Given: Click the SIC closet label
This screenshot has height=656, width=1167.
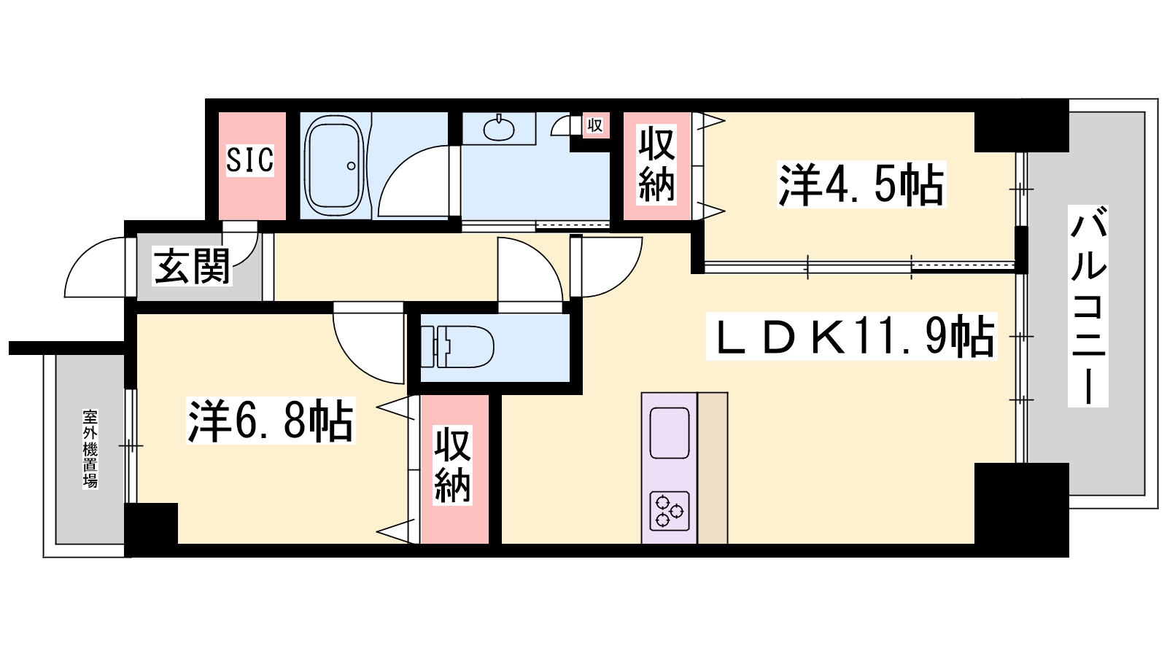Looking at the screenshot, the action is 250,160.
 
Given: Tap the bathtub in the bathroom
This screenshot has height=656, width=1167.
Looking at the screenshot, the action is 334,167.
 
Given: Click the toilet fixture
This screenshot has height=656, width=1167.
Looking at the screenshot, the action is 457,346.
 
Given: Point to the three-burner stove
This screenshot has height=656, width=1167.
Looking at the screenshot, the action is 670,511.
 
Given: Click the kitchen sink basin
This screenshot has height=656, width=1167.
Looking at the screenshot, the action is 669,433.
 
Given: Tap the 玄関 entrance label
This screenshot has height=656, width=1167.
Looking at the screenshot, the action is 192,266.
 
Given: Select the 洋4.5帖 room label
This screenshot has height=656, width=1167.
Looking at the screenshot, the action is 861,185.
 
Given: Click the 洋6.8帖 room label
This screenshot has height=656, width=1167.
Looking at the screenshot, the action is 271,420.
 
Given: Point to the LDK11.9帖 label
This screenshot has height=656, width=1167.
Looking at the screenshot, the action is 851,336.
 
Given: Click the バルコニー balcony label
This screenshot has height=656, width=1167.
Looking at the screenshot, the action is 1087,305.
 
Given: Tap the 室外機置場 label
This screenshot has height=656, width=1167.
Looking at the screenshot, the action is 90,449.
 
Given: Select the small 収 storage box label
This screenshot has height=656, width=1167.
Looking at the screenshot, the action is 595,125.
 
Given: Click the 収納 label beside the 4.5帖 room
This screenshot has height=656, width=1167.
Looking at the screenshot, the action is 656,165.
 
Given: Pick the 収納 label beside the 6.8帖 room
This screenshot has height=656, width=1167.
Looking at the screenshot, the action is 453,466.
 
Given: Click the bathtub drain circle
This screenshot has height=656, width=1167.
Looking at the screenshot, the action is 351,166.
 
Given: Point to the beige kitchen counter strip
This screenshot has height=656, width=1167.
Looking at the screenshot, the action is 712,468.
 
